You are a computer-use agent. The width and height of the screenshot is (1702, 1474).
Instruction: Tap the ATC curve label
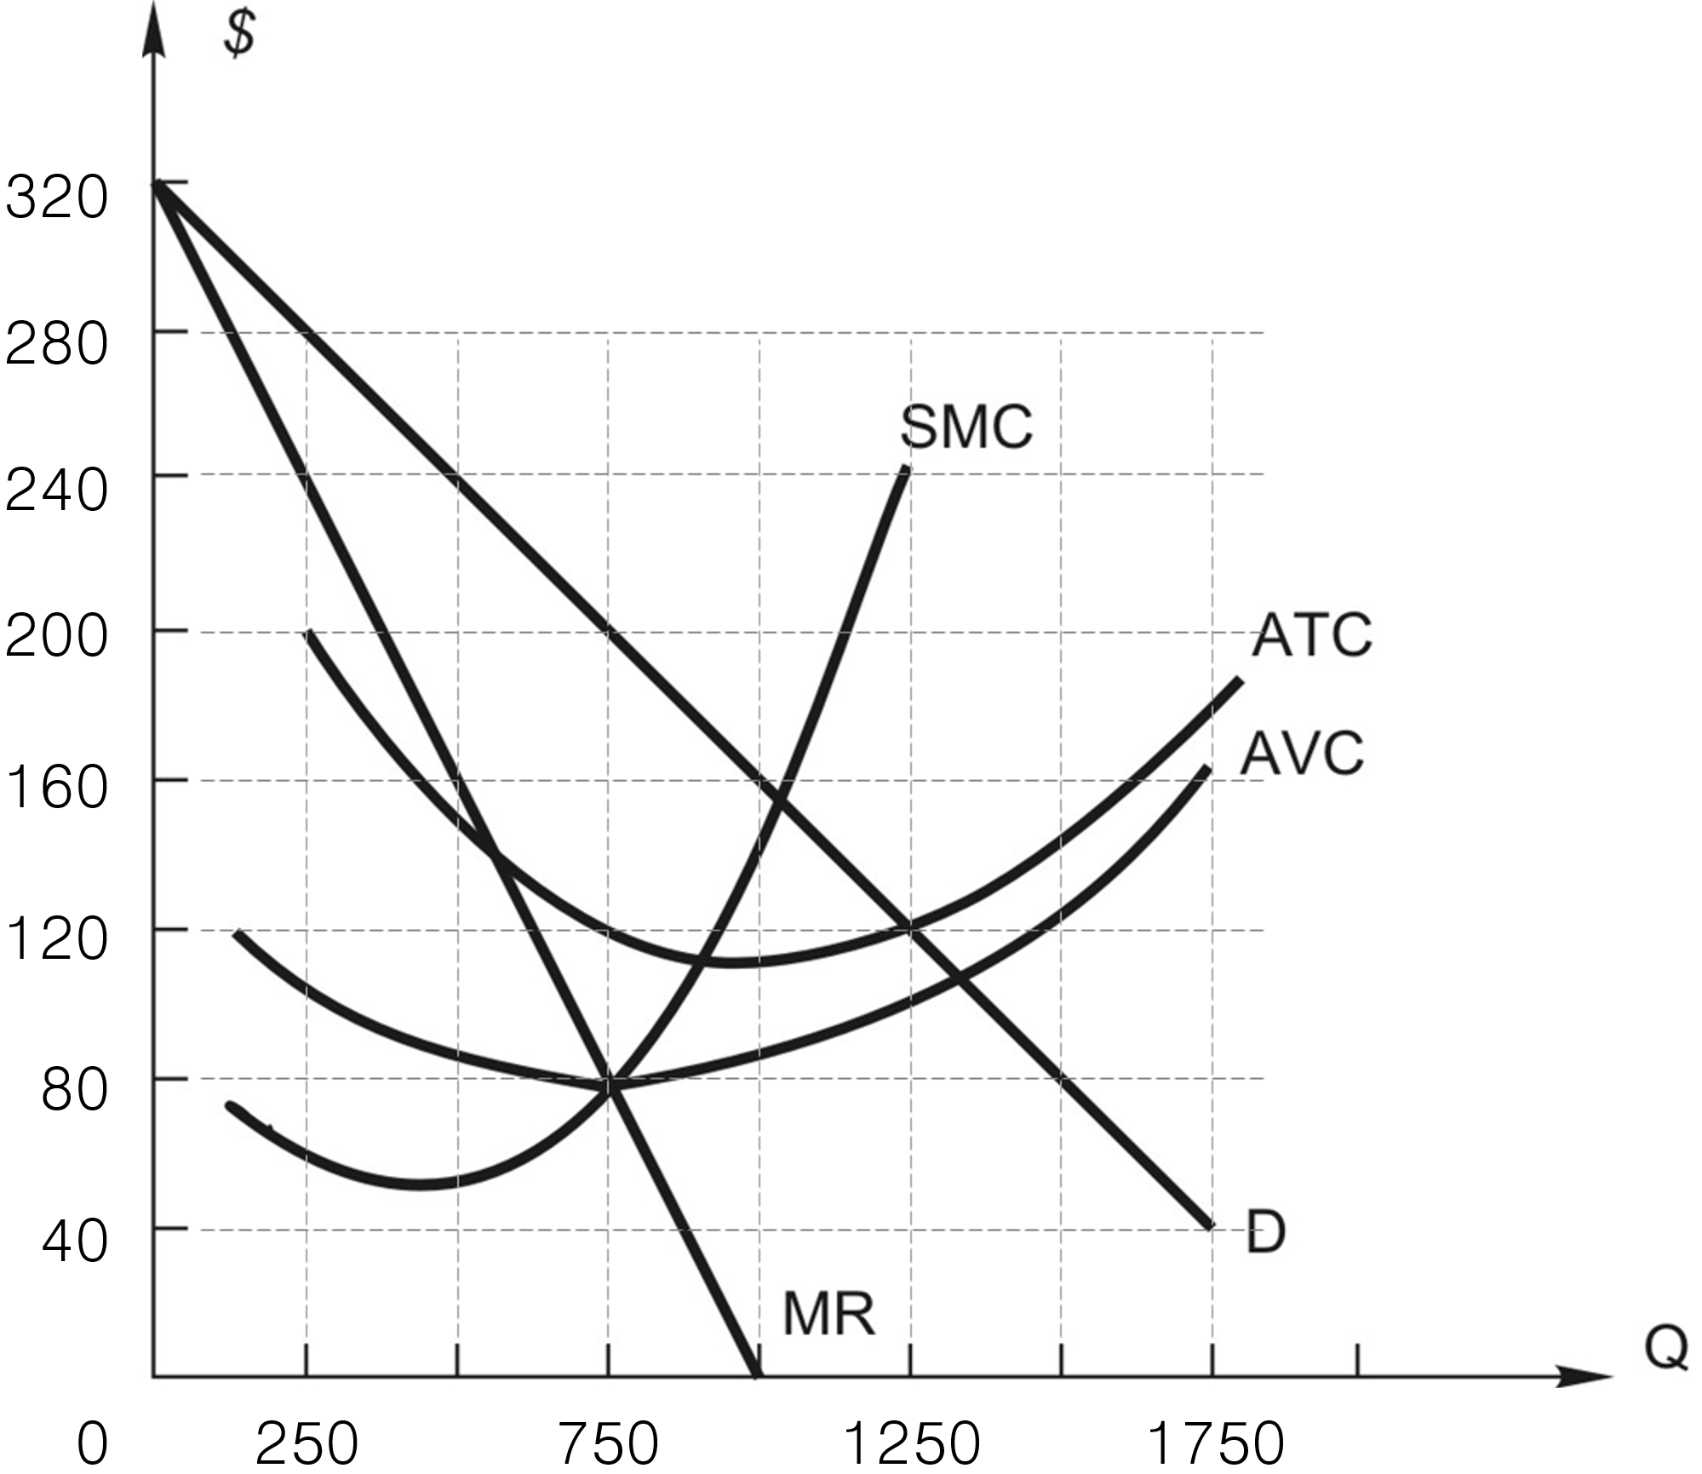[1311, 634]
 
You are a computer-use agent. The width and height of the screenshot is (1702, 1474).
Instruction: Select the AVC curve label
[1301, 753]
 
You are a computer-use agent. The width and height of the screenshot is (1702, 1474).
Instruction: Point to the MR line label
[828, 1314]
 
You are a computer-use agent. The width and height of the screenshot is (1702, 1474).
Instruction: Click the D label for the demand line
[1264, 1232]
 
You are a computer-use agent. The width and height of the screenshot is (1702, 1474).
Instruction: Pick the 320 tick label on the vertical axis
[57, 198]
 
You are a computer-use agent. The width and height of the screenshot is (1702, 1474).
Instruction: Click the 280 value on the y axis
[57, 345]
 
